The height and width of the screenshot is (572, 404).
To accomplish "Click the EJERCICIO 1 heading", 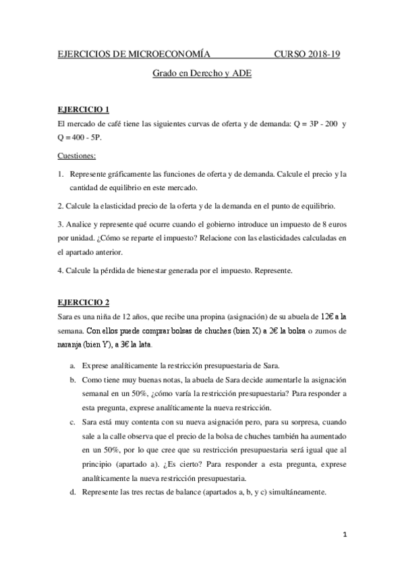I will pyautogui.click(x=84, y=109).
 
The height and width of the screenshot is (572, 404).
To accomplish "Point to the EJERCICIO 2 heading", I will pyautogui.click(x=84, y=302).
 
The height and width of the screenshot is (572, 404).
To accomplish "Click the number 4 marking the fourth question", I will pyautogui.click(x=60, y=271).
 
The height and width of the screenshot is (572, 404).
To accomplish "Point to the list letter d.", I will pyautogui.click(x=72, y=492).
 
